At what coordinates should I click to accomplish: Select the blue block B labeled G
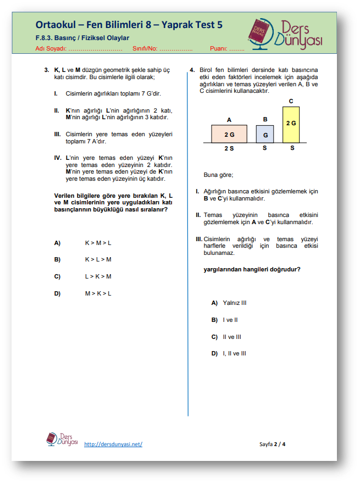(x=265, y=134)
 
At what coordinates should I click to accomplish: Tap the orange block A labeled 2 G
(x=229, y=134)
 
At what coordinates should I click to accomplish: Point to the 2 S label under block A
(x=229, y=148)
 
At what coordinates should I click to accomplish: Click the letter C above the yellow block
(x=291, y=101)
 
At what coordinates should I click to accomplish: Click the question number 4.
(x=191, y=70)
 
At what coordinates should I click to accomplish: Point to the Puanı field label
(x=219, y=48)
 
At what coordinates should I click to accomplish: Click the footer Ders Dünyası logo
(x=62, y=440)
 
